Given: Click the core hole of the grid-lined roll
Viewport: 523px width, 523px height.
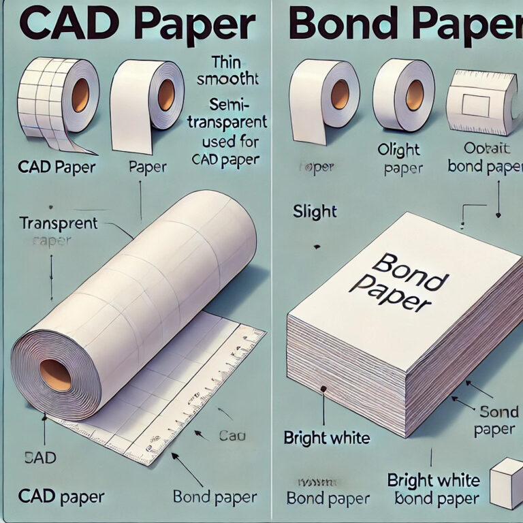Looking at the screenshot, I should (80, 95).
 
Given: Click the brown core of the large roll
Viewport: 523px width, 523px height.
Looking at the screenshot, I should (55, 375).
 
